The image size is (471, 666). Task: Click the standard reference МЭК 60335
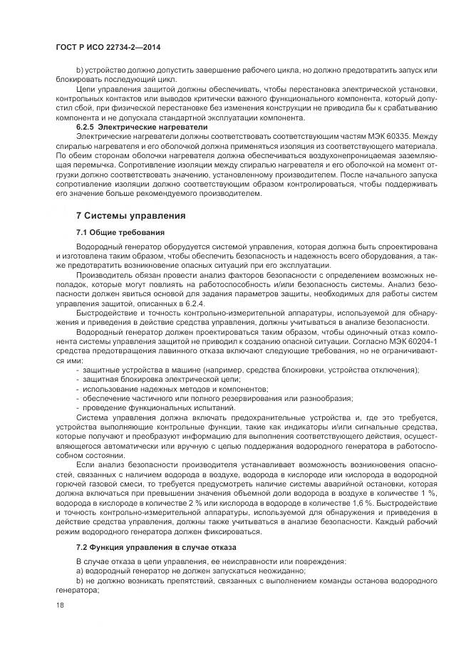click(395, 135)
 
